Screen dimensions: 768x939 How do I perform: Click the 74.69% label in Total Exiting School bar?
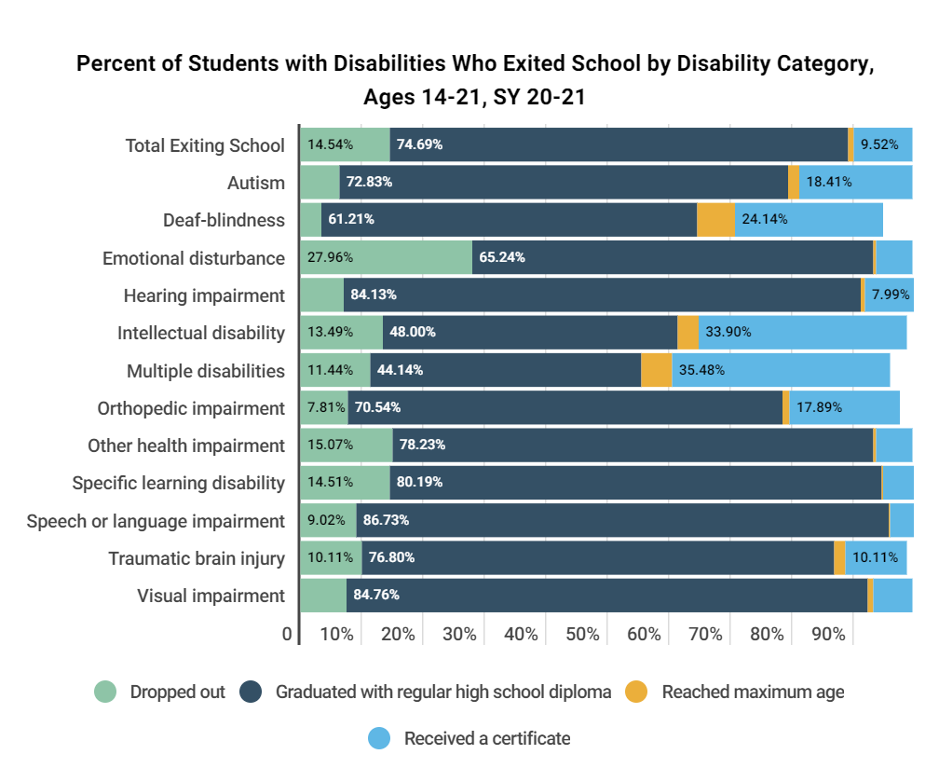tap(419, 144)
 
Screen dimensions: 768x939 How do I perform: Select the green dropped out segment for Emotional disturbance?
tap(386, 257)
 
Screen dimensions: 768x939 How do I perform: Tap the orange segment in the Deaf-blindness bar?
tap(715, 220)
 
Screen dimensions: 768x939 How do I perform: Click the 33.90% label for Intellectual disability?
tap(728, 333)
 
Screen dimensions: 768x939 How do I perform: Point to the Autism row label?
tap(256, 183)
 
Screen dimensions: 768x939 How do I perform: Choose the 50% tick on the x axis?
tap(582, 635)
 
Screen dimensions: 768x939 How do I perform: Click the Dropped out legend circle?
tap(106, 692)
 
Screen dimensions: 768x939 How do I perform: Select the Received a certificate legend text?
tap(486, 739)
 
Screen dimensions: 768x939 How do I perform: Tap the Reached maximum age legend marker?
tap(636, 692)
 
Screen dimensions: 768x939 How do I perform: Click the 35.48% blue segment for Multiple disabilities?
tap(781, 370)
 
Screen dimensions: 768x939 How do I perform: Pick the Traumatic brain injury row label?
tap(197, 558)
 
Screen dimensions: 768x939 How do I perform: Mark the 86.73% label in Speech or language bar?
tap(386, 520)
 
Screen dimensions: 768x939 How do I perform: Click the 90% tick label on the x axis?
tap(828, 635)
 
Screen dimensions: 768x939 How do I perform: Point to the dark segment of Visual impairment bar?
tap(606, 596)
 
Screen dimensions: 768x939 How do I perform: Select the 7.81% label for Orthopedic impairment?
tap(322, 407)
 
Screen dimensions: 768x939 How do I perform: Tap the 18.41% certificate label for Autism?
tap(828, 182)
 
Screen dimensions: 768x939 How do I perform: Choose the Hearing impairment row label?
tap(204, 295)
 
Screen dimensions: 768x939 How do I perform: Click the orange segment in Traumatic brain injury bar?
tap(839, 558)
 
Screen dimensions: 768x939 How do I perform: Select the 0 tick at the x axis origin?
tap(287, 635)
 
